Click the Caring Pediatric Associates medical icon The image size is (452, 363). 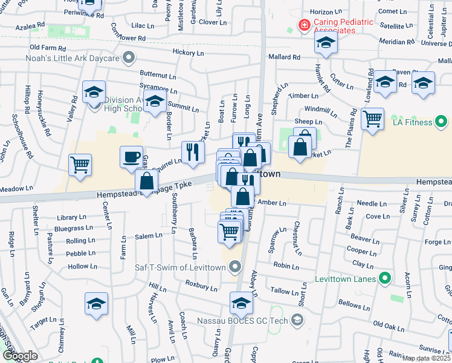coord(304,25)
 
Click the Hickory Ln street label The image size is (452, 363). coord(188,53)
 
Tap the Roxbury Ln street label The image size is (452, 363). coord(201,283)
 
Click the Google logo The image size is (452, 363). coord(20,355)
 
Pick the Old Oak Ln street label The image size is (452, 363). coord(389,326)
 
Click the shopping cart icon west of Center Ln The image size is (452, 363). coord(80,165)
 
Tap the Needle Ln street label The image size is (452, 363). coord(371,203)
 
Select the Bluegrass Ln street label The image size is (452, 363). coord(74,228)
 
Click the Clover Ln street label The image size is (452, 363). coord(211,22)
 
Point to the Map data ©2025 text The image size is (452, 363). coord(425,358)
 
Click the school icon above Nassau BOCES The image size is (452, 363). coord(241,302)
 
